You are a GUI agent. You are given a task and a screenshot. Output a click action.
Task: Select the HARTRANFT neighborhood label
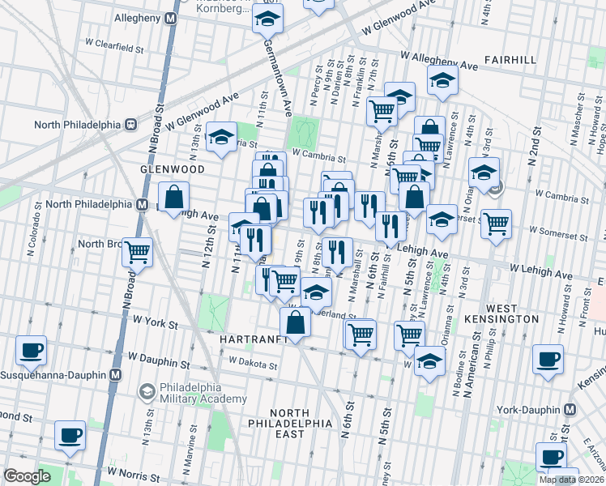253,339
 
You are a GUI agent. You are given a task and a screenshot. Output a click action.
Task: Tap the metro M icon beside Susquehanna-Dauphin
115,375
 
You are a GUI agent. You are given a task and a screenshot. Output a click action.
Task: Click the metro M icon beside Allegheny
171,18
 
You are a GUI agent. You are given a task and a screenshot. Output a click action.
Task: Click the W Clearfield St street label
115,49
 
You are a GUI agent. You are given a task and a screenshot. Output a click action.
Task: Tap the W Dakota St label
253,364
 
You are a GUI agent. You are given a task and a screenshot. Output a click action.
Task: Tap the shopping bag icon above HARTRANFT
297,322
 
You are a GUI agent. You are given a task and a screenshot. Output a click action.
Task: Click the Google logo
28,476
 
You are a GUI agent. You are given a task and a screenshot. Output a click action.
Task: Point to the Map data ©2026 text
571,480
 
